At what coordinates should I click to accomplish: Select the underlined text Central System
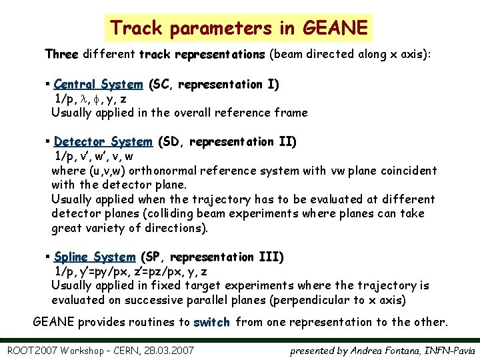(98, 85)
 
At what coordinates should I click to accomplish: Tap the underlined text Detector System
(103, 142)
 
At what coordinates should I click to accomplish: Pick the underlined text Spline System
(95, 257)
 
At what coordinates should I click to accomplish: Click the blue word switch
(211, 323)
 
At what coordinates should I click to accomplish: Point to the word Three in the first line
(61, 53)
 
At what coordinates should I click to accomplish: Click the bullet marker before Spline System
(49, 257)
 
